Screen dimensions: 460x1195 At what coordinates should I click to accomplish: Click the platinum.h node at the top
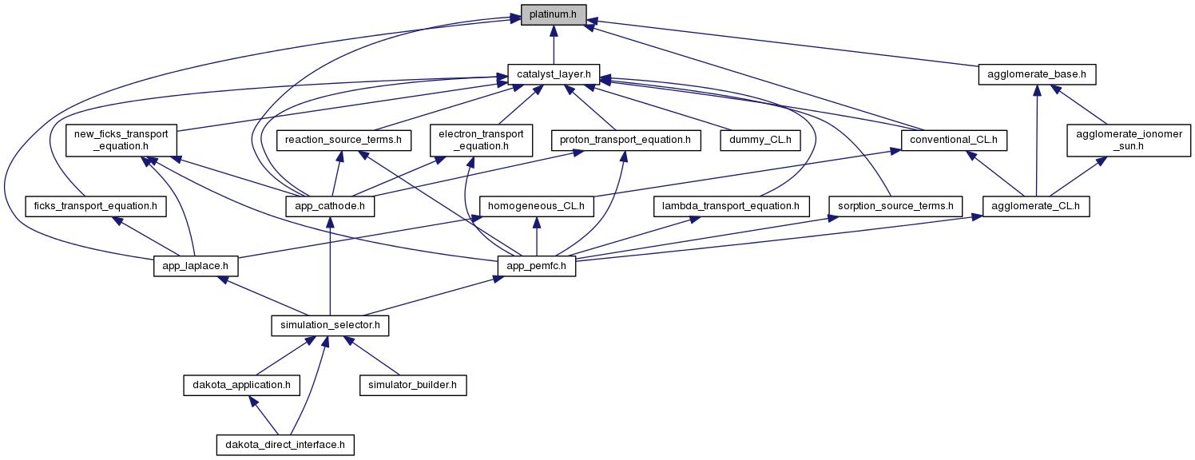pyautogui.click(x=554, y=14)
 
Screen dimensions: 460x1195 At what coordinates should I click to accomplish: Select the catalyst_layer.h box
pyautogui.click(x=554, y=75)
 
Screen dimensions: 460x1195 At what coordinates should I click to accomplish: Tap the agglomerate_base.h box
pyautogui.click(x=1036, y=75)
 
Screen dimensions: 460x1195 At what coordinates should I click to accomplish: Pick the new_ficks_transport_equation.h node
pyautogui.click(x=121, y=140)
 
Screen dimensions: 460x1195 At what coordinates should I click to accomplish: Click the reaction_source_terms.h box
pyautogui.click(x=343, y=141)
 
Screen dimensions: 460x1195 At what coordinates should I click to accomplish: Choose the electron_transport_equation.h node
pyautogui.click(x=481, y=140)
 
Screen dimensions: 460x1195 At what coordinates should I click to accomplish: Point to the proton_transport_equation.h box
pyautogui.click(x=626, y=141)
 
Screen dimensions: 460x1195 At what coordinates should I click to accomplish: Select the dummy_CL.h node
pyautogui.click(x=760, y=141)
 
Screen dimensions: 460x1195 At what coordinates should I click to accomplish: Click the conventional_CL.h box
pyautogui.click(x=953, y=141)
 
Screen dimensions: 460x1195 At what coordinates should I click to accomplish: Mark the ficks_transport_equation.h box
pyautogui.click(x=96, y=206)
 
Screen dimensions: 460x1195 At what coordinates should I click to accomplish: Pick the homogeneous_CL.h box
pyautogui.click(x=536, y=206)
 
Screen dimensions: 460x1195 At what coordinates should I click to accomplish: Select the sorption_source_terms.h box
pyautogui.click(x=895, y=206)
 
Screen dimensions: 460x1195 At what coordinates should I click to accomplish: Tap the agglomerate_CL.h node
pyautogui.click(x=1036, y=206)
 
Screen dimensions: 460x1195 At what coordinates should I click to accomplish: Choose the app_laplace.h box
pyautogui.click(x=196, y=266)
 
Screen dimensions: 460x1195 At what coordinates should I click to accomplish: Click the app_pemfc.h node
pyautogui.click(x=537, y=266)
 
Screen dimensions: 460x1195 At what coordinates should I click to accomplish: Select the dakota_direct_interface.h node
pyautogui.click(x=285, y=444)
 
